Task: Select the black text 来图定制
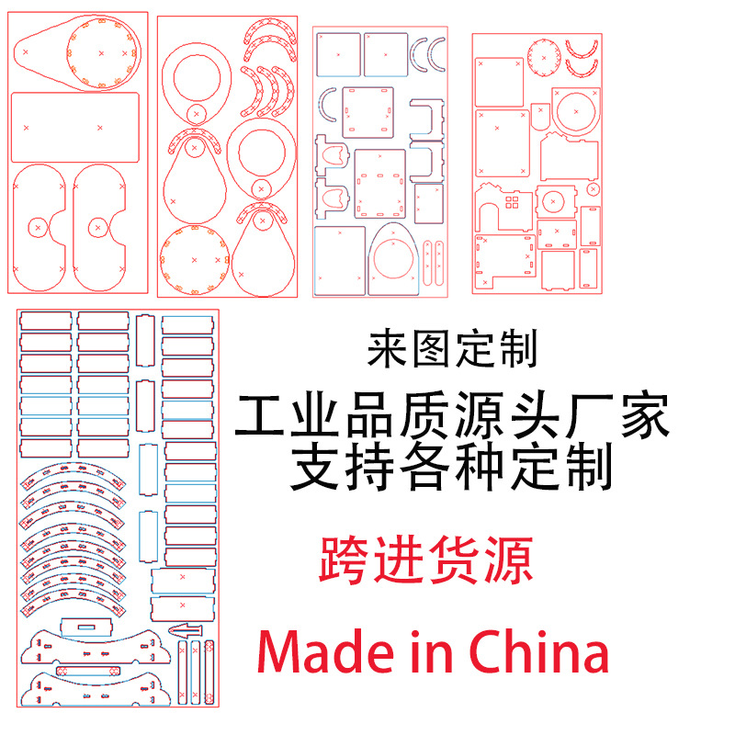[x=451, y=349]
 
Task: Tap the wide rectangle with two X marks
[x=74, y=125]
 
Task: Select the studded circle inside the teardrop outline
[x=103, y=54]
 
